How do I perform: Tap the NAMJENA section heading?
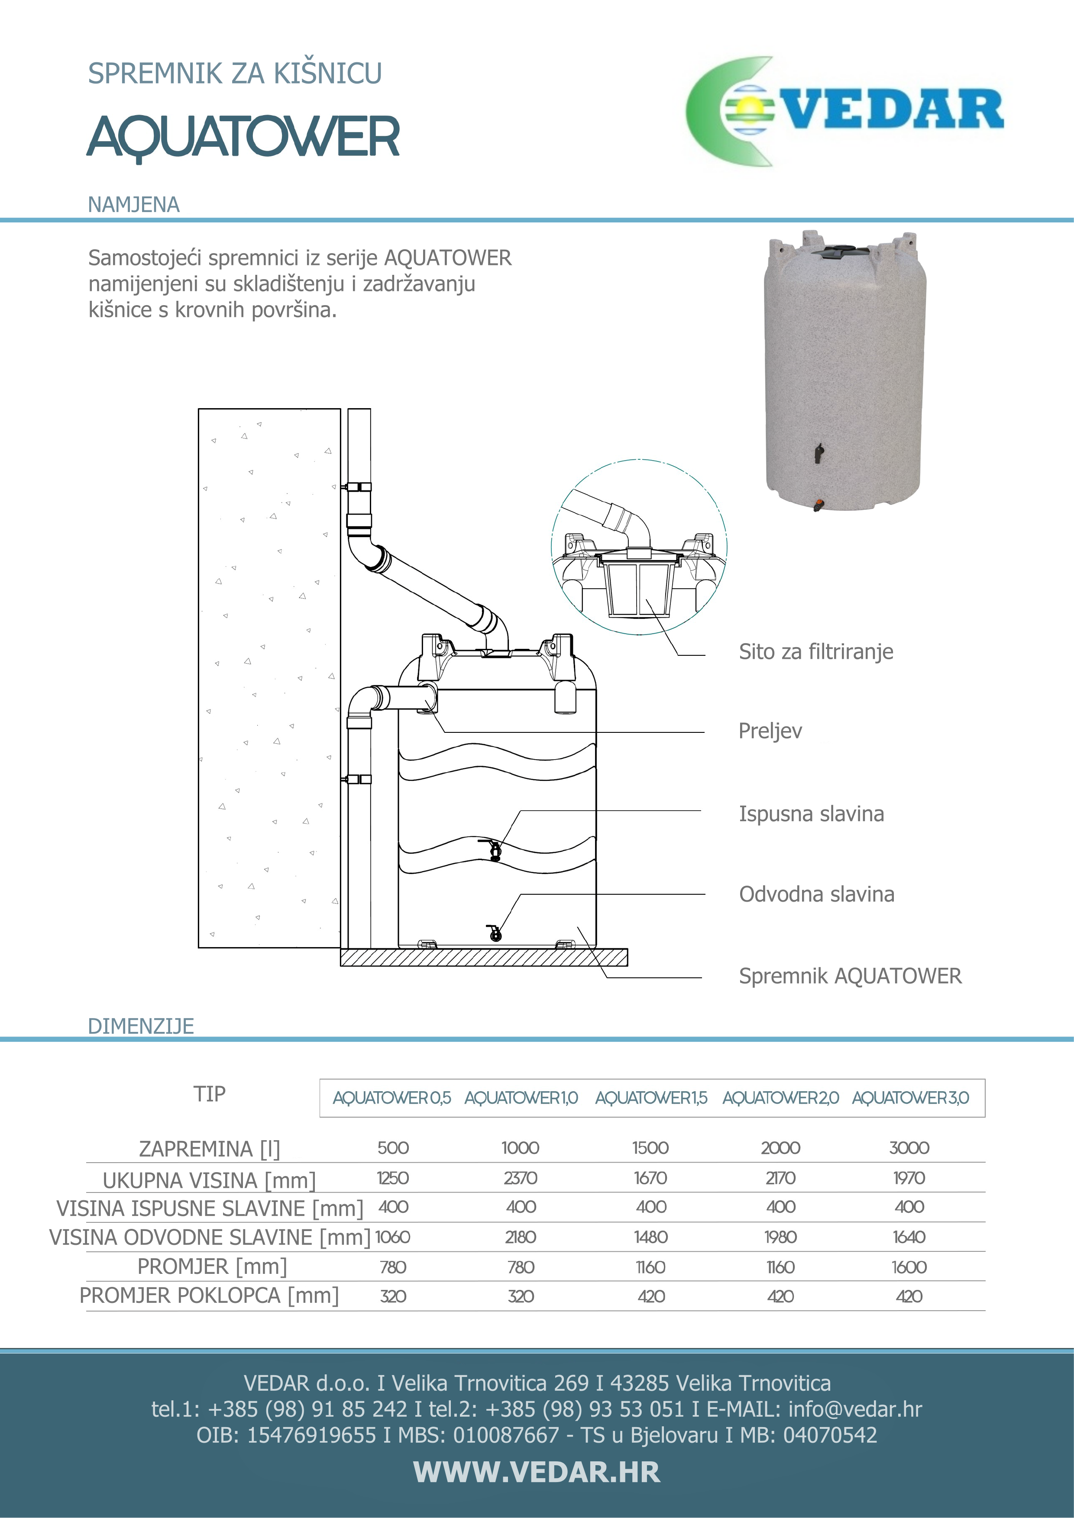pos(133,205)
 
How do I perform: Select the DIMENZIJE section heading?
pos(141,1026)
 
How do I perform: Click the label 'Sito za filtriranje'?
pos(815,652)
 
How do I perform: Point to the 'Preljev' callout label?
pos(770,731)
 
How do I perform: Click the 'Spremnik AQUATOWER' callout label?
pos(850,977)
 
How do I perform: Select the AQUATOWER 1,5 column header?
pos(651,1098)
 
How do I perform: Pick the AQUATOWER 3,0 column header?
pos(910,1098)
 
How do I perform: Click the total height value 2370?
pos(521,1178)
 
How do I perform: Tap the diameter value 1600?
pos(909,1267)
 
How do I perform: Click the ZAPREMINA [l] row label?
pos(209,1149)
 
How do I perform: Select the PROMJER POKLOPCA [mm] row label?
pos(209,1296)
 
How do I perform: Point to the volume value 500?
pos(393,1148)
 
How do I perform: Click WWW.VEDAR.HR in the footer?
pos(536,1473)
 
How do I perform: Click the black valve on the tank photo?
pos(819,453)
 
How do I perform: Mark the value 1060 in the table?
pos(393,1238)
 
